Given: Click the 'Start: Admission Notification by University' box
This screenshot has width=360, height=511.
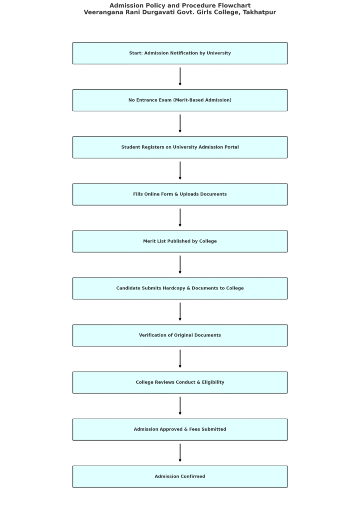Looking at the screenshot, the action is (x=180, y=53).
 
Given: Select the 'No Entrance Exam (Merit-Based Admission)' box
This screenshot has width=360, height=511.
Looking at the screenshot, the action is (x=180, y=100).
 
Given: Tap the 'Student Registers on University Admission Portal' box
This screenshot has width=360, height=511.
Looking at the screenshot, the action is (x=180, y=147).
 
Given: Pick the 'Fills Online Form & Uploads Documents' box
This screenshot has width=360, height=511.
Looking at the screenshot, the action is (x=180, y=194).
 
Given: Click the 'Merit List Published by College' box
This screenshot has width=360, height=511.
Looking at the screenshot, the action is (x=180, y=242).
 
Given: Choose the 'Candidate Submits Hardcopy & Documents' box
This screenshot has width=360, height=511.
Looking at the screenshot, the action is (x=180, y=288).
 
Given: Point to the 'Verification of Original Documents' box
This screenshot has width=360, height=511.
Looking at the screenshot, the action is (x=180, y=335).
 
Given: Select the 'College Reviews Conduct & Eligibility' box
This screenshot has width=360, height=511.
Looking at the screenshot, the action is (x=180, y=383).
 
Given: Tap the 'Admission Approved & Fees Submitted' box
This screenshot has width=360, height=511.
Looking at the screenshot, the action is (x=180, y=430).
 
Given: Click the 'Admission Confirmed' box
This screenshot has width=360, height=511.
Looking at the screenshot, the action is (x=180, y=477).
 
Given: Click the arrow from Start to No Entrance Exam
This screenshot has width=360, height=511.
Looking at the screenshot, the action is (x=180, y=76).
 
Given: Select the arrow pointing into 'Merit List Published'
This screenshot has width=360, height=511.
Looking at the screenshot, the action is (x=180, y=218).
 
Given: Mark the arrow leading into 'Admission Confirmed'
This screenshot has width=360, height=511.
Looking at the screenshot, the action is (x=180, y=453).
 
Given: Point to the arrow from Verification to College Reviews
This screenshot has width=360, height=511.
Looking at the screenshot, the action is (x=180, y=359).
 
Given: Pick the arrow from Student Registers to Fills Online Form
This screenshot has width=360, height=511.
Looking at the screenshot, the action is (x=180, y=171).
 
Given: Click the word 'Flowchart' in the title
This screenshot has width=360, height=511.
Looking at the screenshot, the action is (x=234, y=5).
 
